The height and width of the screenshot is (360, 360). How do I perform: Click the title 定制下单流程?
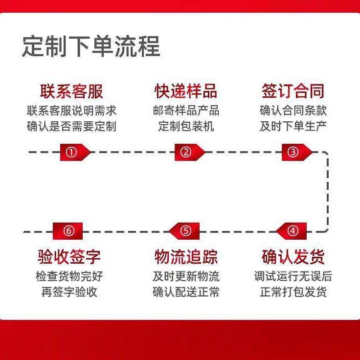(x=91, y=47)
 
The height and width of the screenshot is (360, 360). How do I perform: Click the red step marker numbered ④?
(x=292, y=231)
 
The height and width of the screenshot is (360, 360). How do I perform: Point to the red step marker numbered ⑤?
(x=185, y=231)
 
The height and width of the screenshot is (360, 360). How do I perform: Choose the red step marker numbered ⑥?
(x=69, y=231)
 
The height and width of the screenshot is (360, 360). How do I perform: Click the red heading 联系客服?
(x=71, y=91)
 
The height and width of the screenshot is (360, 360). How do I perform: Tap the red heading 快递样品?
(x=186, y=91)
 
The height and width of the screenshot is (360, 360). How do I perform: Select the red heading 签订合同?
(x=293, y=91)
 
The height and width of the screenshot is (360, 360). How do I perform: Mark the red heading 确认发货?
(x=293, y=257)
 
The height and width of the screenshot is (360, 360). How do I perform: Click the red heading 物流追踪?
(x=186, y=257)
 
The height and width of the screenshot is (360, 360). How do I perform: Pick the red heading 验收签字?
(x=69, y=257)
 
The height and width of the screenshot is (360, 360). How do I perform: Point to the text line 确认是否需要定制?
(x=71, y=126)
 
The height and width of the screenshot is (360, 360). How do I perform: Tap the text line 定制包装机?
(x=186, y=126)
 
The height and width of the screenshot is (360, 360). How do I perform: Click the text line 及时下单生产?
(x=293, y=126)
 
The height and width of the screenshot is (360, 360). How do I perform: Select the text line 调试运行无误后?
(x=293, y=276)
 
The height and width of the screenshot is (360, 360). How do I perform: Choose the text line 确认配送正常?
(x=186, y=292)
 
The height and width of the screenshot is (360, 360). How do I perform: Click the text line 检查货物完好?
(x=69, y=276)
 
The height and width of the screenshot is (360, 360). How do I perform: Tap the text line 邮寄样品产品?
(x=186, y=110)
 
